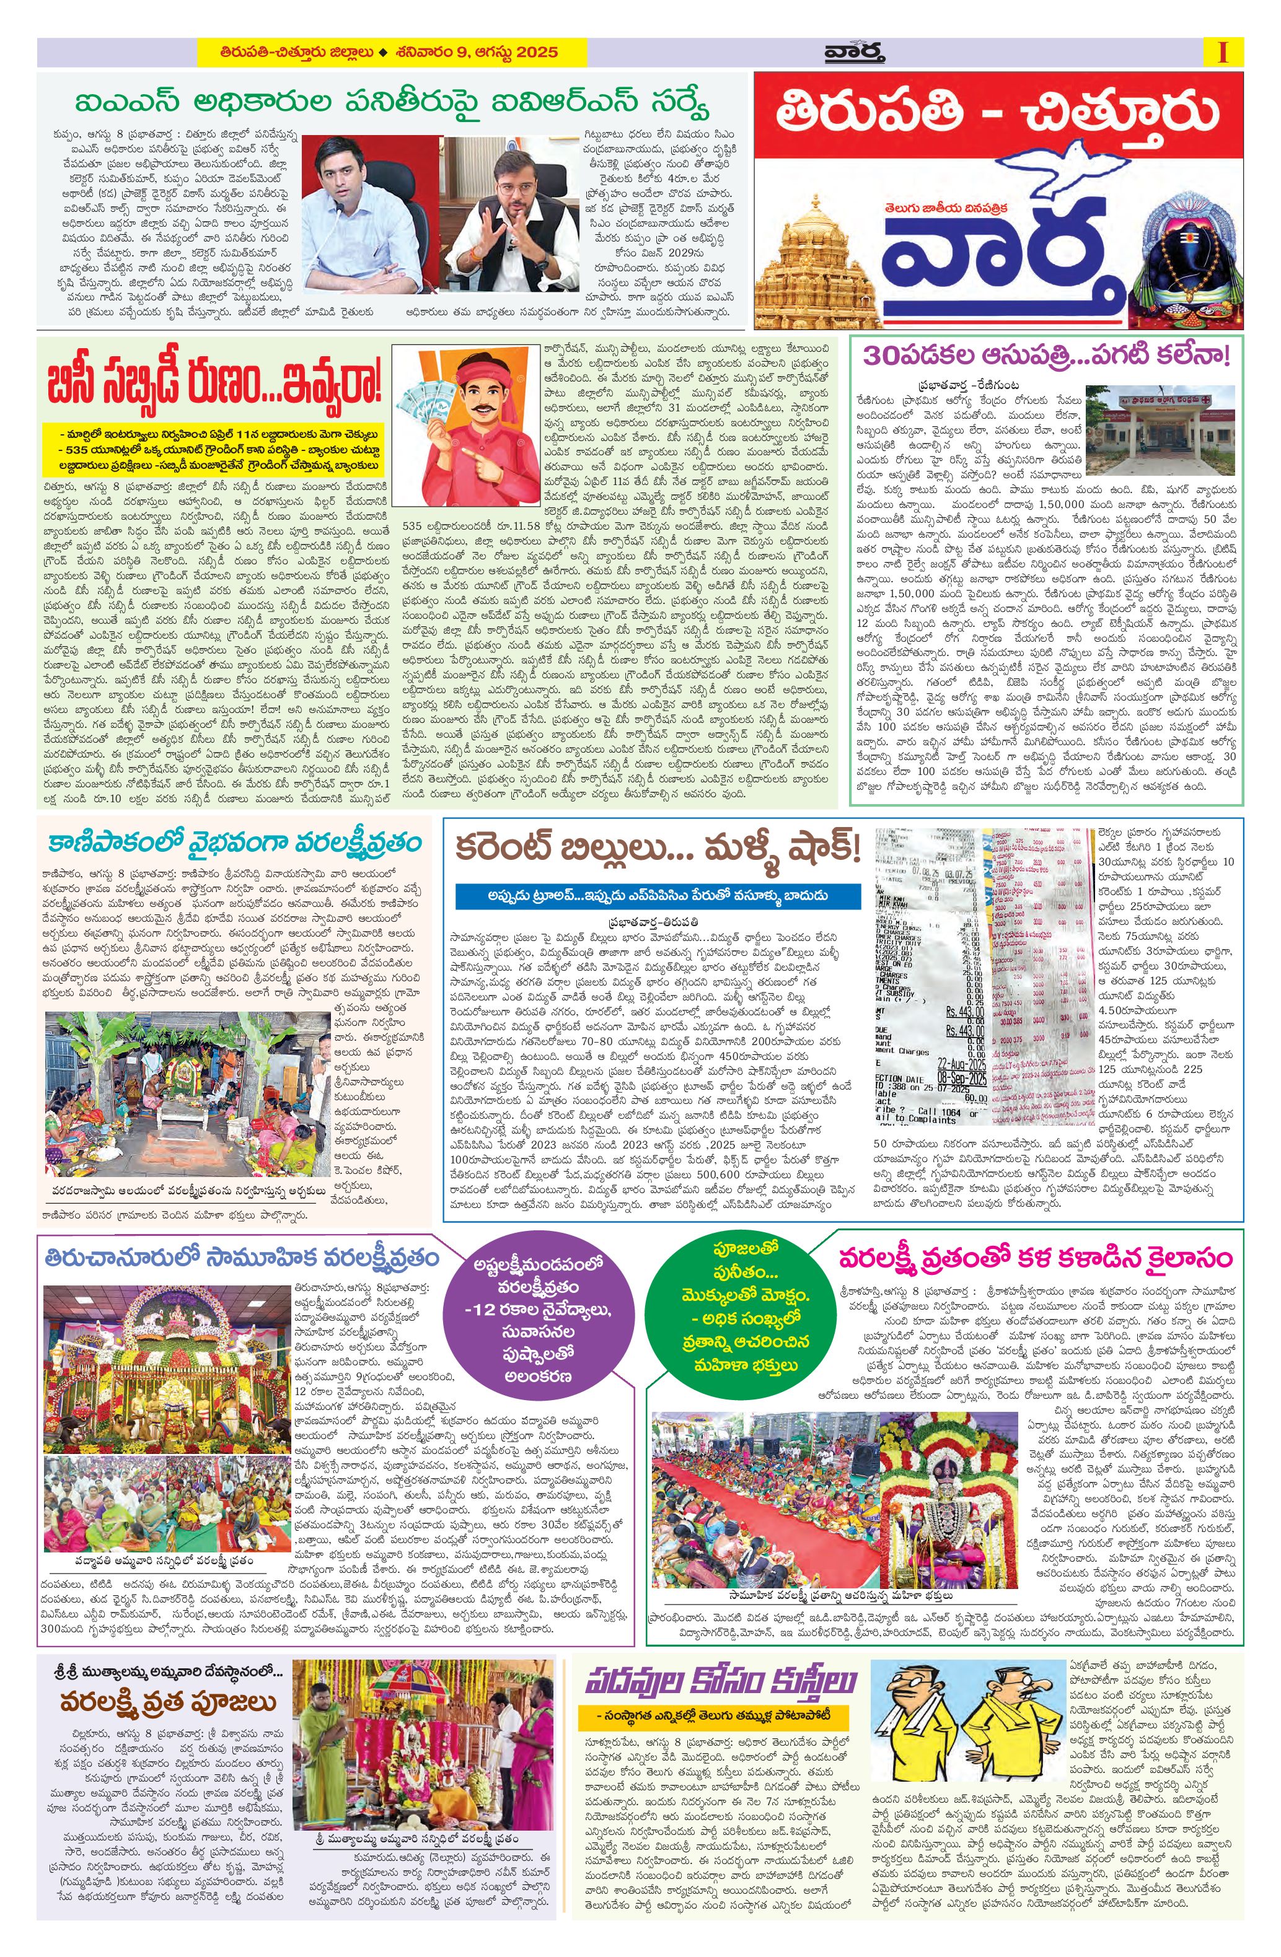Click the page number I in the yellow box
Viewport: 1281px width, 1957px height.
[x=1223, y=53]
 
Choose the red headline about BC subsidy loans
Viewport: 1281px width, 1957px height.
[x=214, y=382]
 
